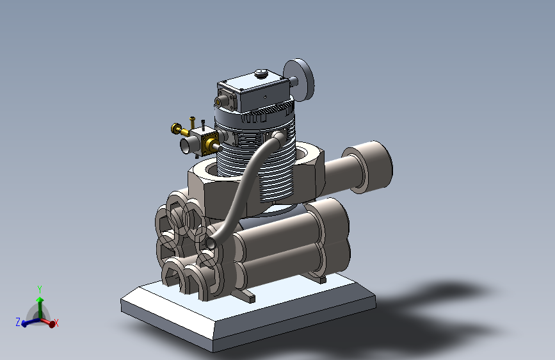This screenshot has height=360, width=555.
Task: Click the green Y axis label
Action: (x=40, y=290)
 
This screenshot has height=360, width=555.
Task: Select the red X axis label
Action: (x=56, y=323)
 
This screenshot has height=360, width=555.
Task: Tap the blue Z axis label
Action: (x=18, y=322)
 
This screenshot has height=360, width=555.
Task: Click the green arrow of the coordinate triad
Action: (x=40, y=307)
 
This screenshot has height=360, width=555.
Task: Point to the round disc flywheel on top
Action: (x=300, y=79)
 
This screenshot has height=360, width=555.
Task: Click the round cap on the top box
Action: (x=261, y=72)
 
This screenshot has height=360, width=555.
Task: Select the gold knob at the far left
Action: (x=176, y=128)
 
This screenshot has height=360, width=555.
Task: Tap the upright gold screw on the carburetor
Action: (x=192, y=122)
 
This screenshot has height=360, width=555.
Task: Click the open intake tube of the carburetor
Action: (x=186, y=145)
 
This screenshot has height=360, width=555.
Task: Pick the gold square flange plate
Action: (x=209, y=144)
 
